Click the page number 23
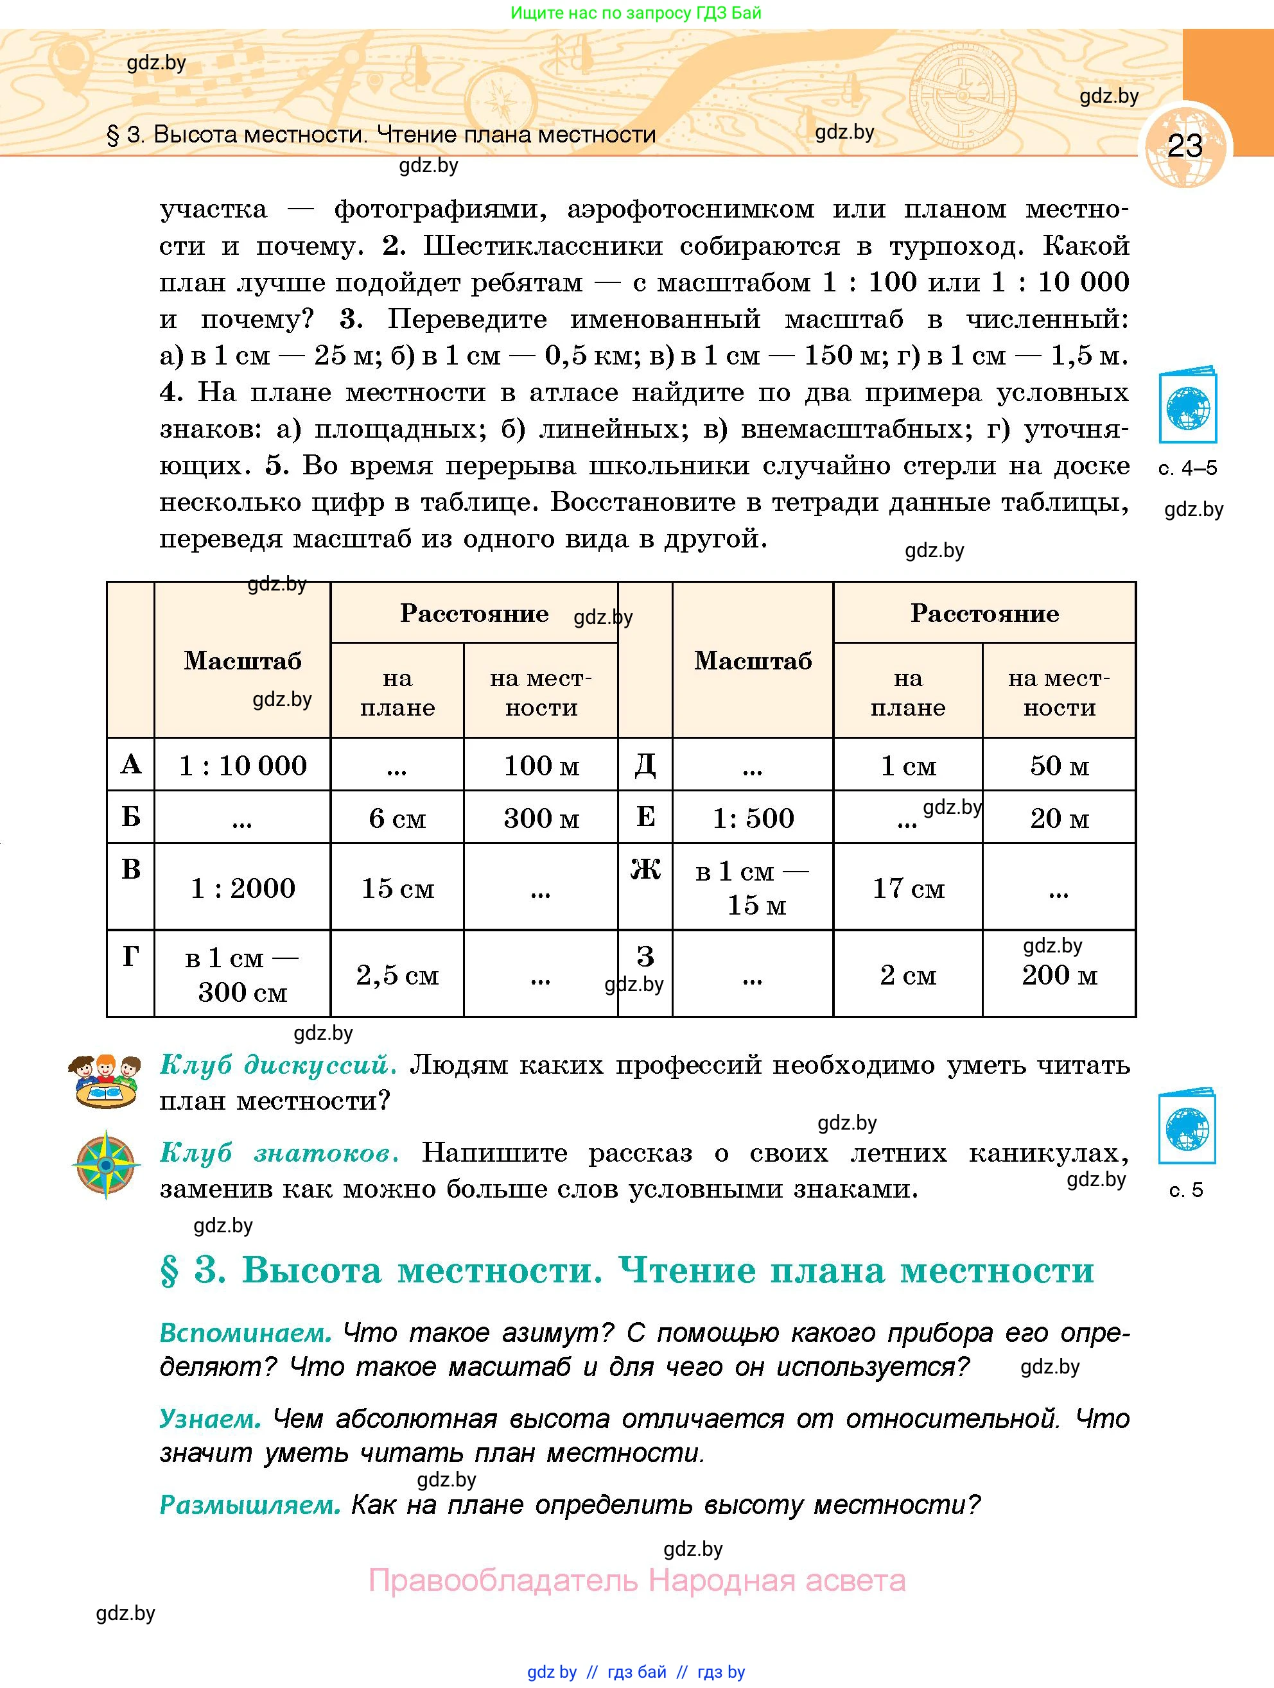pos(1185,146)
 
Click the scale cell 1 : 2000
pos(243,888)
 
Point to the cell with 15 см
pos(397,888)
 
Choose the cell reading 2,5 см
pos(397,974)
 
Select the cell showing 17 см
pos(907,888)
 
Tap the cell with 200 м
pos(1060,974)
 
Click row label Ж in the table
pos(645,869)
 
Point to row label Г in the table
pos(130,956)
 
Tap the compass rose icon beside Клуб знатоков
pos(106,1166)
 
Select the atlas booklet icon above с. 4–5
pos(1187,406)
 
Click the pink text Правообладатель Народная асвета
pos(636,1580)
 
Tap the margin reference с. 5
pos(1186,1190)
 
